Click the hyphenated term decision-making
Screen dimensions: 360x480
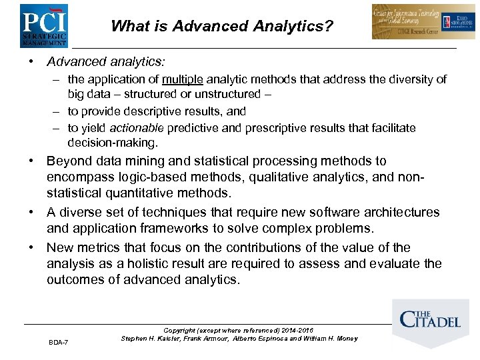coord(113,143)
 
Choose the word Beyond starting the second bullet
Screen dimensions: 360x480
coord(69,161)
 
